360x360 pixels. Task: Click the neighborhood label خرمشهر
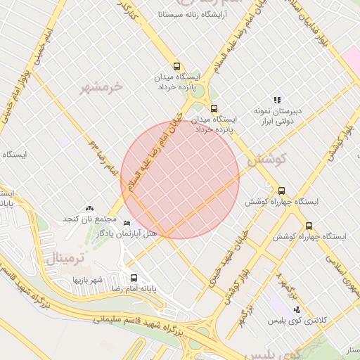tap(103, 87)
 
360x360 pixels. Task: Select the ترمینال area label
tap(64, 258)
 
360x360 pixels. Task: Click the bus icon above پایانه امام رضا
tap(134, 278)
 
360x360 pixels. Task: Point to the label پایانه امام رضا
tap(134, 289)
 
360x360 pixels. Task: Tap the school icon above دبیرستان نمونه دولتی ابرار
tap(277, 101)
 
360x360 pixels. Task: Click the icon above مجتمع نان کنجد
tap(89, 208)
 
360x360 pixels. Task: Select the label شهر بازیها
tap(89, 280)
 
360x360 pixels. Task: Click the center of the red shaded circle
tap(180, 179)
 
